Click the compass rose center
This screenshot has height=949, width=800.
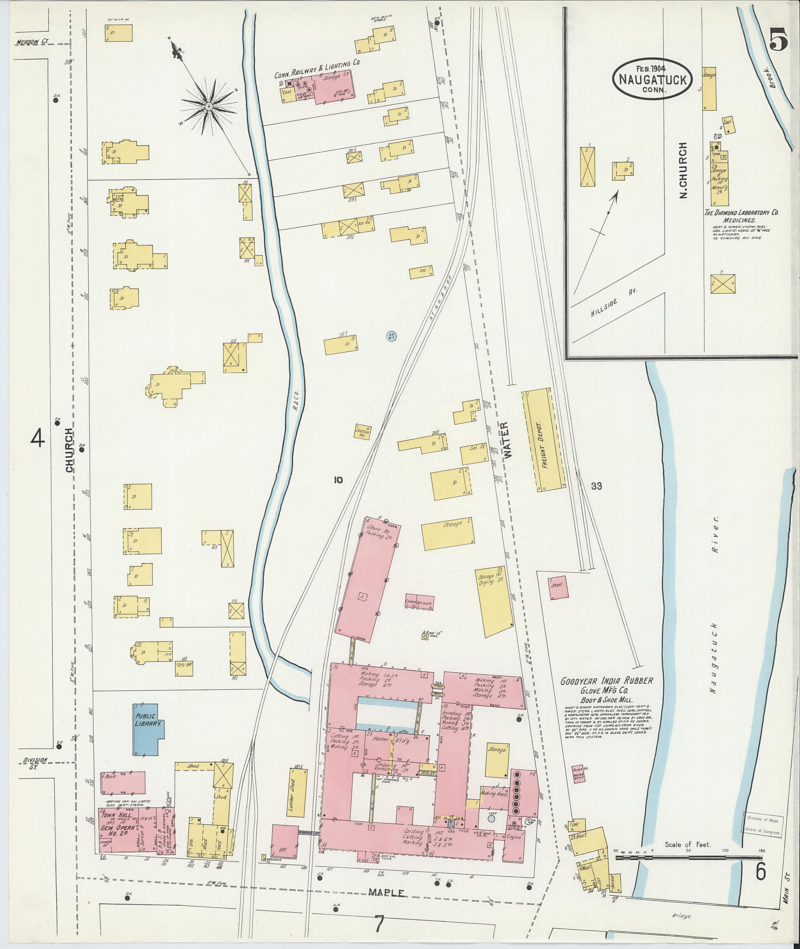pos(209,107)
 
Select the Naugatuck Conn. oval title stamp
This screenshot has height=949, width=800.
pos(652,79)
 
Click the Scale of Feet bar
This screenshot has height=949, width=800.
pos(688,858)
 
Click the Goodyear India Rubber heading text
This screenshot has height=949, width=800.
pos(607,681)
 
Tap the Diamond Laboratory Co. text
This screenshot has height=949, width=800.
pos(741,212)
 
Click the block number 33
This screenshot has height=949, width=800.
pos(596,486)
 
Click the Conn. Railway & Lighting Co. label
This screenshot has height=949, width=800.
pos(317,68)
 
